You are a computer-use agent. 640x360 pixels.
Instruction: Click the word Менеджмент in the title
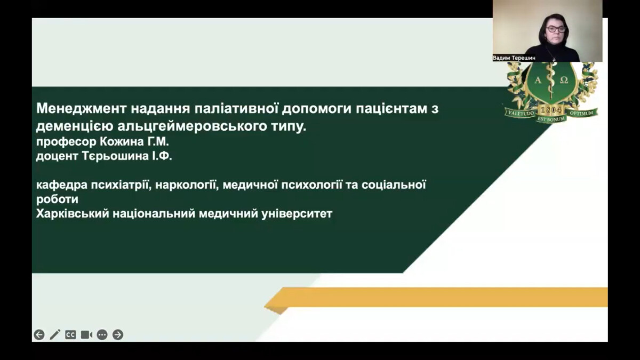(x=82, y=109)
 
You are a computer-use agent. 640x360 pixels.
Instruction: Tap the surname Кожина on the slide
(x=122, y=142)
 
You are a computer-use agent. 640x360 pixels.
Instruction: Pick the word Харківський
(x=73, y=214)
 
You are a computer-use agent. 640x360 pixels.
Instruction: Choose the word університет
(x=297, y=214)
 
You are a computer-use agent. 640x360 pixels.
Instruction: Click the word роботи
(x=57, y=199)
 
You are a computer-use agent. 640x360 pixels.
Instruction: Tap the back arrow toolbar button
(x=39, y=334)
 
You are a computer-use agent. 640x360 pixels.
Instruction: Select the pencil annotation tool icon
(x=55, y=334)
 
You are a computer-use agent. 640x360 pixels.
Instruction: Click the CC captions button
(x=70, y=334)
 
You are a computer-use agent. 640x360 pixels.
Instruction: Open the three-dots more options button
(x=102, y=334)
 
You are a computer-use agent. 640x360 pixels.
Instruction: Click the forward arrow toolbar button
(x=118, y=334)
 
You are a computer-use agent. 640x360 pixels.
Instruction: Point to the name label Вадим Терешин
(x=514, y=58)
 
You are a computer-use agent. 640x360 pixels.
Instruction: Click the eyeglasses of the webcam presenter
(x=555, y=29)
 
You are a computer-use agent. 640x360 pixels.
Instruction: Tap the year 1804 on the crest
(x=551, y=110)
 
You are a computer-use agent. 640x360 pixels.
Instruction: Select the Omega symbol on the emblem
(x=564, y=81)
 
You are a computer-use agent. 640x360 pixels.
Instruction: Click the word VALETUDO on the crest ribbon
(x=521, y=113)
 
